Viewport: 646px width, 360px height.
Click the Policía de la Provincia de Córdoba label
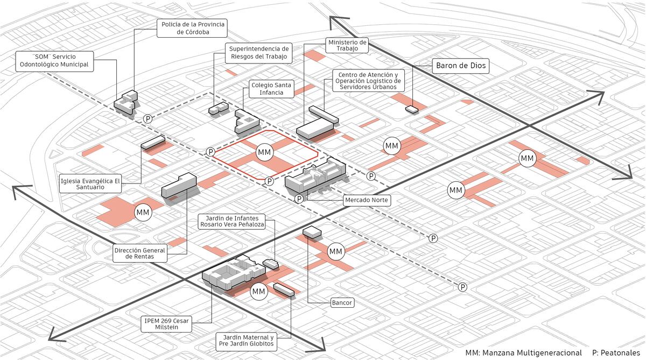point(192,28)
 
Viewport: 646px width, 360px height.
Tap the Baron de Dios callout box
point(461,66)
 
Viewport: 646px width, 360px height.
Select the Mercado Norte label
point(367,200)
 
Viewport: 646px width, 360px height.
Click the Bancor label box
point(342,302)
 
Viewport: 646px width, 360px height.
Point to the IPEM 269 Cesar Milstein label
point(166,324)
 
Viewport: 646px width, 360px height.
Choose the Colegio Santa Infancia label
point(271,89)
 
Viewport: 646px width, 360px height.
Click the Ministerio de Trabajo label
point(347,45)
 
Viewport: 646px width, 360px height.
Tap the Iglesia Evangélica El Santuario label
point(90,183)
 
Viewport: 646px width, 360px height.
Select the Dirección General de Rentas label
point(140,253)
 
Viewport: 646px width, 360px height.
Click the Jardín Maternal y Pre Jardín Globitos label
point(247,341)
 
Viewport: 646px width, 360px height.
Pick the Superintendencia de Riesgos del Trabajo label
point(259,53)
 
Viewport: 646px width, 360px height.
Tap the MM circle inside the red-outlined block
point(264,152)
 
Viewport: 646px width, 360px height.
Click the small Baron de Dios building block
point(412,109)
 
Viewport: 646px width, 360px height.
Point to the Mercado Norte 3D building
point(315,176)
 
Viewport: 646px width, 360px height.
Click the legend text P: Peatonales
point(616,353)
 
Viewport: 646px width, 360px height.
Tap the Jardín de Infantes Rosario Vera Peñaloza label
point(232,221)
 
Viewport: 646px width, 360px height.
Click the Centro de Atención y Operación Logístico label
point(368,81)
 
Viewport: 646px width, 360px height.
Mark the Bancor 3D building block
point(312,232)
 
